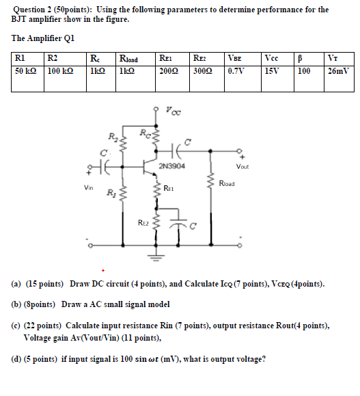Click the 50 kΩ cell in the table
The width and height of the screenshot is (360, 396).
click(26, 71)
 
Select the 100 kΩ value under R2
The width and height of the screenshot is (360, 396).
click(60, 71)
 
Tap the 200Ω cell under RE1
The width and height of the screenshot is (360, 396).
click(168, 71)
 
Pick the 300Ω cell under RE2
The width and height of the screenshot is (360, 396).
click(203, 71)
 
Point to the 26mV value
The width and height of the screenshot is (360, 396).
click(340, 71)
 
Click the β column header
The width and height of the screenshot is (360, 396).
click(303, 58)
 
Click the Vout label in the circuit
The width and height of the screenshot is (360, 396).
click(243, 166)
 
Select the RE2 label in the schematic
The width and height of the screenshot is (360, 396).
click(143, 222)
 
